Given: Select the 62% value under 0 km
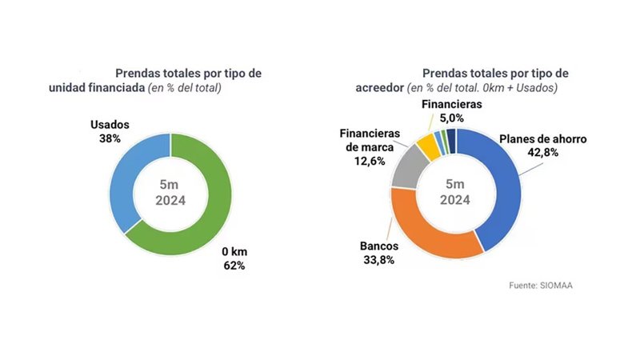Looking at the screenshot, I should click(233, 265).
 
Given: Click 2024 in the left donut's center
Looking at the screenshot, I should click(170, 201).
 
